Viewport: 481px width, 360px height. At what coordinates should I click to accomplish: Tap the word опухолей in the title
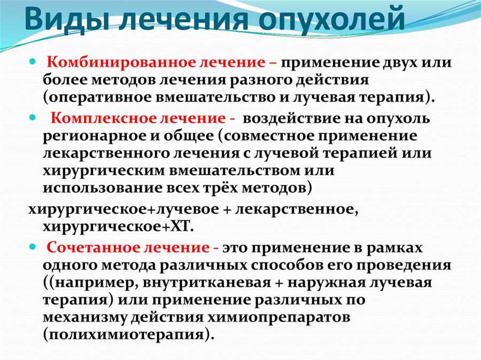tap(331, 21)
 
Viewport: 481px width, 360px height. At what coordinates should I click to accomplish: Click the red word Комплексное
tap(107, 118)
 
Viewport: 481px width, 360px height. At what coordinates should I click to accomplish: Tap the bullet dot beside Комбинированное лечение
tap(33, 61)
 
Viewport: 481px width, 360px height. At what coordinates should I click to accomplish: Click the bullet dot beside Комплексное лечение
tap(33, 118)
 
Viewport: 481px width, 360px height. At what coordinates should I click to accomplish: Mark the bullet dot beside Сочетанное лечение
tap(33, 247)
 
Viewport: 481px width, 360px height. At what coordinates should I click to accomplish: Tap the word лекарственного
tap(105, 153)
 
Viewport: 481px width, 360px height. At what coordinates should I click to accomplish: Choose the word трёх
tap(219, 188)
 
